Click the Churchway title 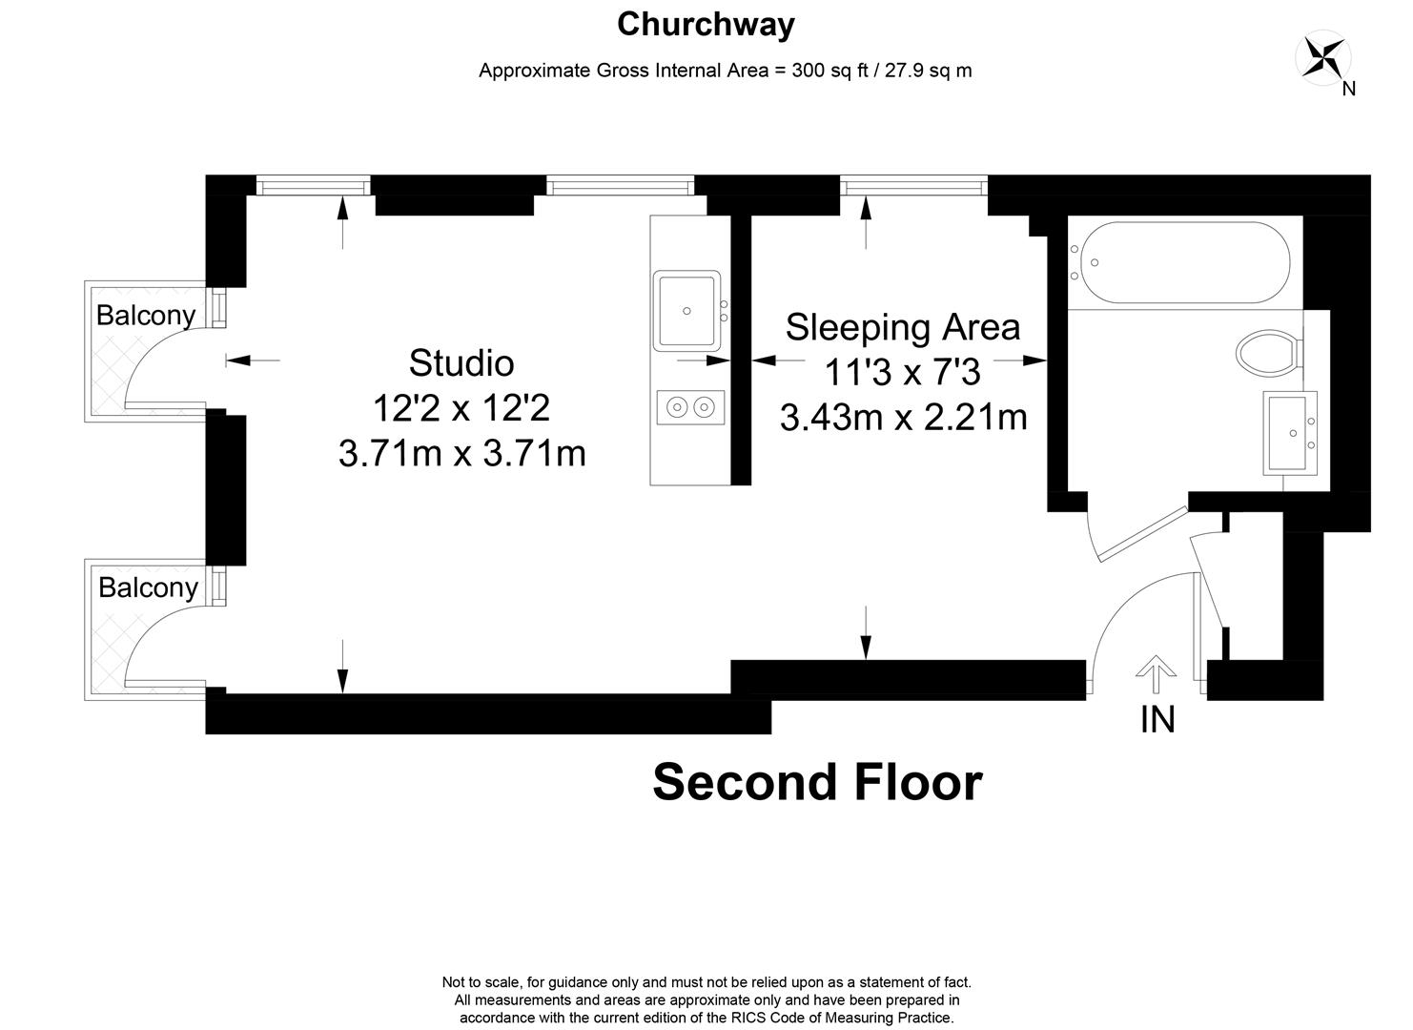click(x=706, y=25)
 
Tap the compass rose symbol click(x=1322, y=58)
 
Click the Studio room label click(x=461, y=363)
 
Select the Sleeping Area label click(x=903, y=327)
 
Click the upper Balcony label click(x=146, y=315)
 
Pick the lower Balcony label click(x=148, y=587)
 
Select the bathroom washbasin click(x=1290, y=433)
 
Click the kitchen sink click(x=686, y=311)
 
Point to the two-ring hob click(x=690, y=407)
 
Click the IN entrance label click(x=1157, y=719)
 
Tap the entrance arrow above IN click(x=1156, y=674)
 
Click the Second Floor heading click(x=817, y=783)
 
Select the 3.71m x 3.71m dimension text click(x=462, y=454)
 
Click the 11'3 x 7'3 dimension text click(x=903, y=372)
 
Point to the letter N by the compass click(x=1349, y=89)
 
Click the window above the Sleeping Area click(x=914, y=186)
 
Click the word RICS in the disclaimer click(x=747, y=1018)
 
